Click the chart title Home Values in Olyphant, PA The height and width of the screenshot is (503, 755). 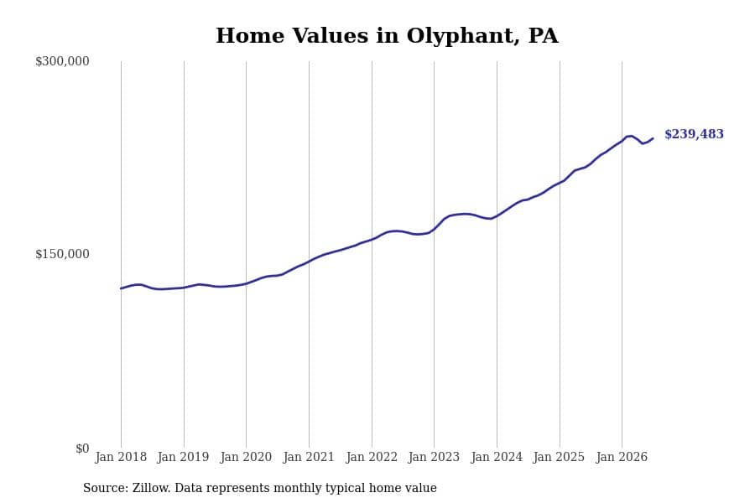pyautogui.click(x=387, y=36)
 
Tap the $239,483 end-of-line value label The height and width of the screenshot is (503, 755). pyautogui.click(x=694, y=134)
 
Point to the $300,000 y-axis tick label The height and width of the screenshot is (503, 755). pyautogui.click(x=62, y=61)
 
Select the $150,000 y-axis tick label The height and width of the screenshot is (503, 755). pyautogui.click(x=62, y=254)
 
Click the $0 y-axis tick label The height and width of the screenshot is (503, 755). pyautogui.click(x=82, y=449)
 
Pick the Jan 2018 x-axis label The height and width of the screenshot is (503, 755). pyautogui.click(x=121, y=457)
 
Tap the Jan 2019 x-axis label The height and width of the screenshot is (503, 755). pyautogui.click(x=184, y=457)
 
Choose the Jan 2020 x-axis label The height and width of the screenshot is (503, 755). pyautogui.click(x=246, y=457)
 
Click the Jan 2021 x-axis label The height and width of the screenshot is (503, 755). pyautogui.click(x=309, y=457)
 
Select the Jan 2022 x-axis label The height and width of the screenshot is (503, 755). pyautogui.click(x=372, y=457)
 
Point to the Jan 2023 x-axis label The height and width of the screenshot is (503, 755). pyautogui.click(x=434, y=457)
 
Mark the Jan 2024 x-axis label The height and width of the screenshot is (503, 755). pyautogui.click(x=497, y=457)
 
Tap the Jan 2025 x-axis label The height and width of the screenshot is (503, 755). pyautogui.click(x=559, y=457)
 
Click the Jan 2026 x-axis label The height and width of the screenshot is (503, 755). pyautogui.click(x=622, y=457)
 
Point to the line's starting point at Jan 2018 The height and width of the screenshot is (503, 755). pyautogui.click(x=121, y=288)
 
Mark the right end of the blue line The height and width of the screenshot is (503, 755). pyautogui.click(x=653, y=138)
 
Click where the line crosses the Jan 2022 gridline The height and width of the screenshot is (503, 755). pyautogui.click(x=372, y=239)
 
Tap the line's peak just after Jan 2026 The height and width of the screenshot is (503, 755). pyautogui.click(x=630, y=136)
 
